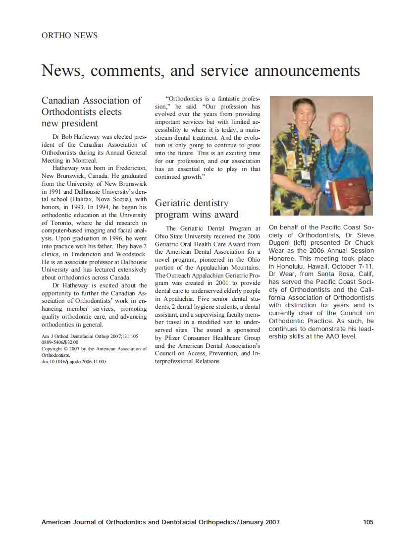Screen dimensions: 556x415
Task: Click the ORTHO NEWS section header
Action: click(69, 36)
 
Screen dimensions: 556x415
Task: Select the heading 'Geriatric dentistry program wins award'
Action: click(197, 209)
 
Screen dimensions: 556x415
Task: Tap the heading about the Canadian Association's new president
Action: click(92, 111)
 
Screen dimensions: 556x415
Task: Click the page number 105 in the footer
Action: click(368, 522)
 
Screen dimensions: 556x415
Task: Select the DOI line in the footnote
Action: click(74, 362)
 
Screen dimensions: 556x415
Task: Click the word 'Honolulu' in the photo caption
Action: click(287, 266)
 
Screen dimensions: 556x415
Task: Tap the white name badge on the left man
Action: click(305, 174)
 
